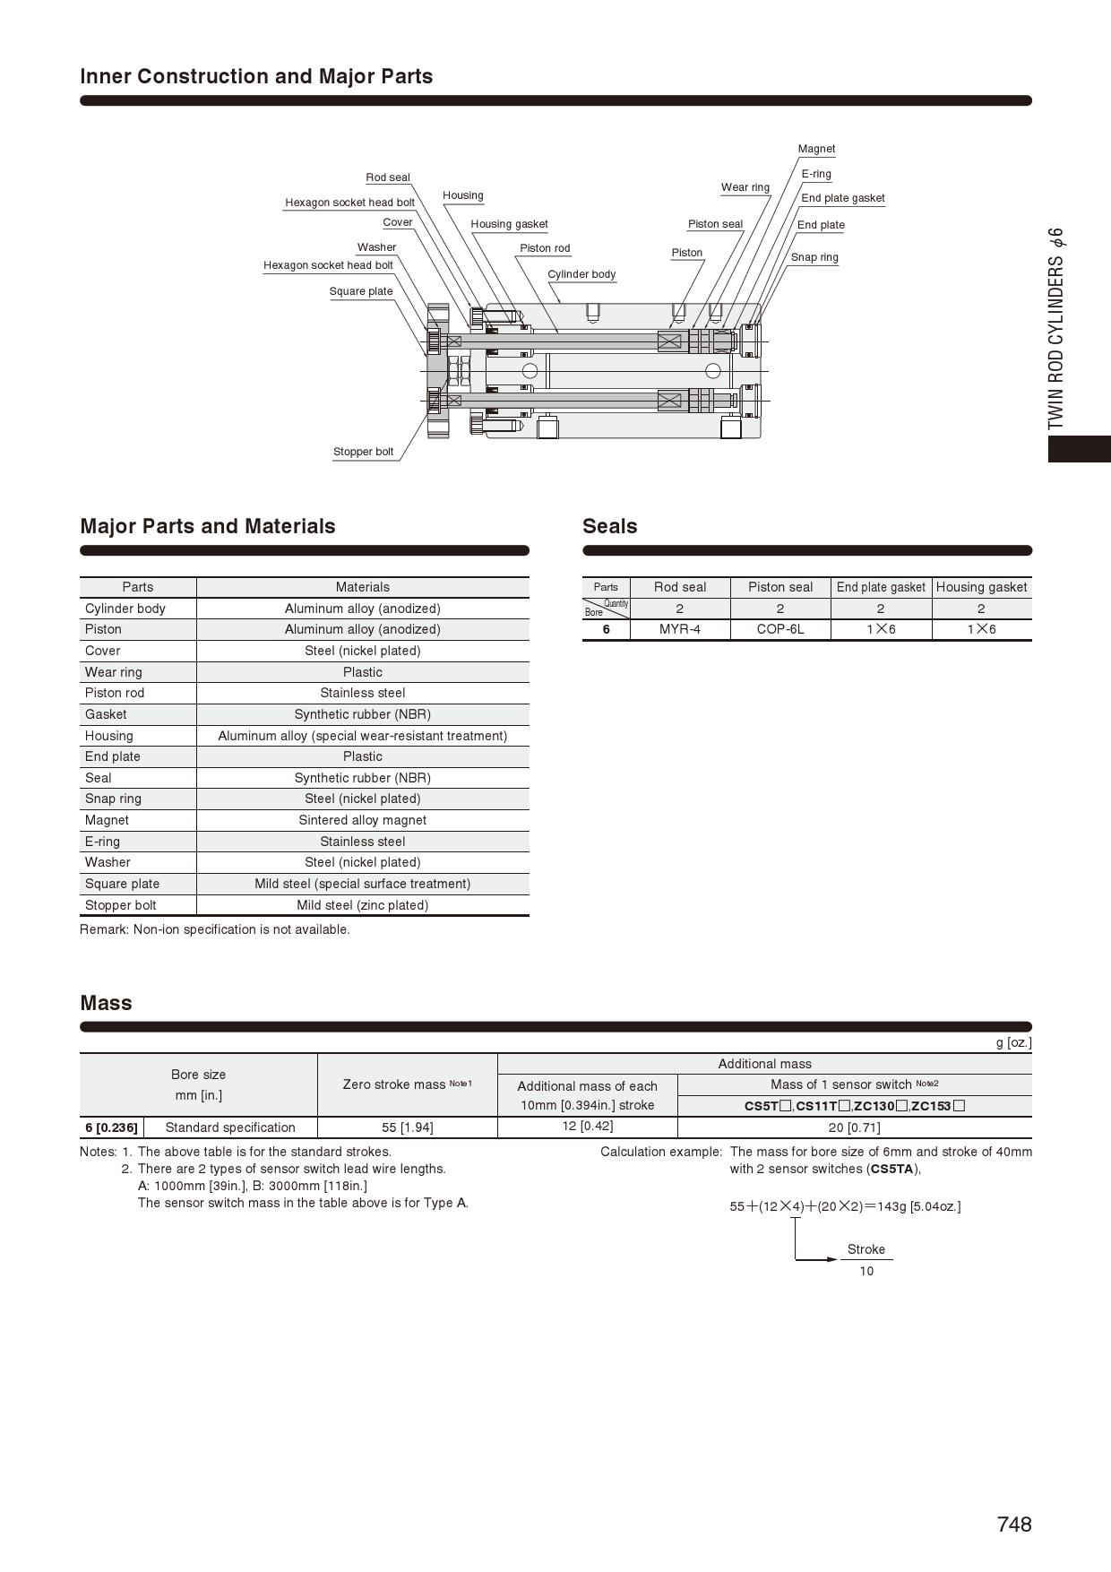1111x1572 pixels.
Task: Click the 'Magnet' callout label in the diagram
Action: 816,149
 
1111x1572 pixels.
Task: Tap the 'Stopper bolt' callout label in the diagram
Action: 363,452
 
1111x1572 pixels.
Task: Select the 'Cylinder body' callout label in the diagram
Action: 581,274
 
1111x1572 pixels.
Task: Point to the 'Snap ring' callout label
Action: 814,257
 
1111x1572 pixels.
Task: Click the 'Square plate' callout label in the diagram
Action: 360,291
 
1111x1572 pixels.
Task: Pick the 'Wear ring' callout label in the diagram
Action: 745,187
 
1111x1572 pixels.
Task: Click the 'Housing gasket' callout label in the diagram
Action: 509,224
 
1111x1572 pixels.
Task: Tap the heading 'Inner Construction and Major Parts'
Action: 256,76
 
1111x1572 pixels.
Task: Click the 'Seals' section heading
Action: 609,526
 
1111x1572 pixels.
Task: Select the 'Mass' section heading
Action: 106,1003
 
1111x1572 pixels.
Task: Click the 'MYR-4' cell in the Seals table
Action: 680,629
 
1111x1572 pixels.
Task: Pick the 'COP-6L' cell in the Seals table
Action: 780,629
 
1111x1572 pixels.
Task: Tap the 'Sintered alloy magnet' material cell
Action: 362,820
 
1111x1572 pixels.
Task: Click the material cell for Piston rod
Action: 362,693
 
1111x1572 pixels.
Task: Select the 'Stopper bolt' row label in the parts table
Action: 121,905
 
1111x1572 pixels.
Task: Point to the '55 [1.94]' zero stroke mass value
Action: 407,1127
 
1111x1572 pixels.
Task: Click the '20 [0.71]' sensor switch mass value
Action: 854,1127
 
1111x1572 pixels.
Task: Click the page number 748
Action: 1014,1524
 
